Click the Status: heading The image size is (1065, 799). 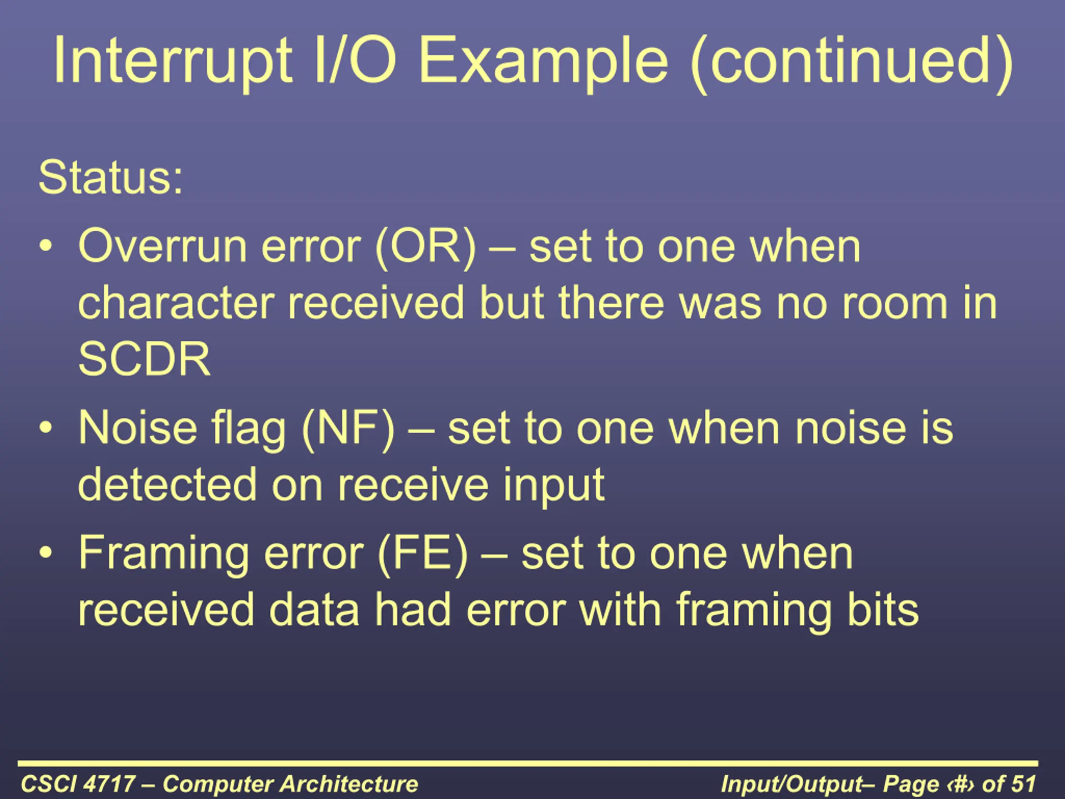[110, 178]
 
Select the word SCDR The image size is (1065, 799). [144, 359]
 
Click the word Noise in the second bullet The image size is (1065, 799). [138, 428]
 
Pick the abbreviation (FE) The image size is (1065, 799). [423, 554]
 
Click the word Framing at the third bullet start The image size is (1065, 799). [163, 555]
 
